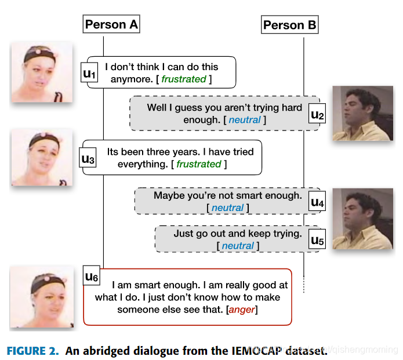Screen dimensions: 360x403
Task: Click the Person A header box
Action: (x=111, y=24)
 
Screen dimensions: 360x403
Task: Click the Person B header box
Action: (x=290, y=25)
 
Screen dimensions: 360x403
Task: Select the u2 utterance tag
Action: (x=317, y=114)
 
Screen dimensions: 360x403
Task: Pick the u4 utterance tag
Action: (x=317, y=202)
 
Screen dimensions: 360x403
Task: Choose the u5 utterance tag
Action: (x=317, y=239)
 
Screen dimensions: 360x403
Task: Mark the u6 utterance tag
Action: (x=92, y=278)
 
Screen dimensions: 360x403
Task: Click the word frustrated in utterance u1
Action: (x=184, y=79)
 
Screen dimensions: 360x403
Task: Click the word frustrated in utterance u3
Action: (x=199, y=164)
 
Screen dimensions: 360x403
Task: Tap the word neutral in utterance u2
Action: (x=244, y=120)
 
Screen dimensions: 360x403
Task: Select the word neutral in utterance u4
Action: (x=227, y=208)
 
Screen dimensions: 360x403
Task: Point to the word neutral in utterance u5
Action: (x=238, y=246)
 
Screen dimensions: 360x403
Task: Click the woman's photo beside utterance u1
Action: (x=42, y=72)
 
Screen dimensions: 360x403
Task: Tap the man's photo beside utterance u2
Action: (x=362, y=114)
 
